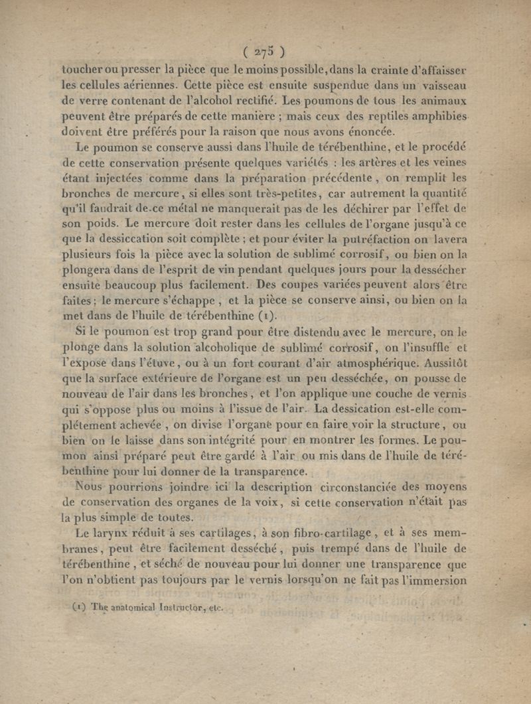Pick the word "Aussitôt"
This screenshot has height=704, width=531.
(x=441, y=363)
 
